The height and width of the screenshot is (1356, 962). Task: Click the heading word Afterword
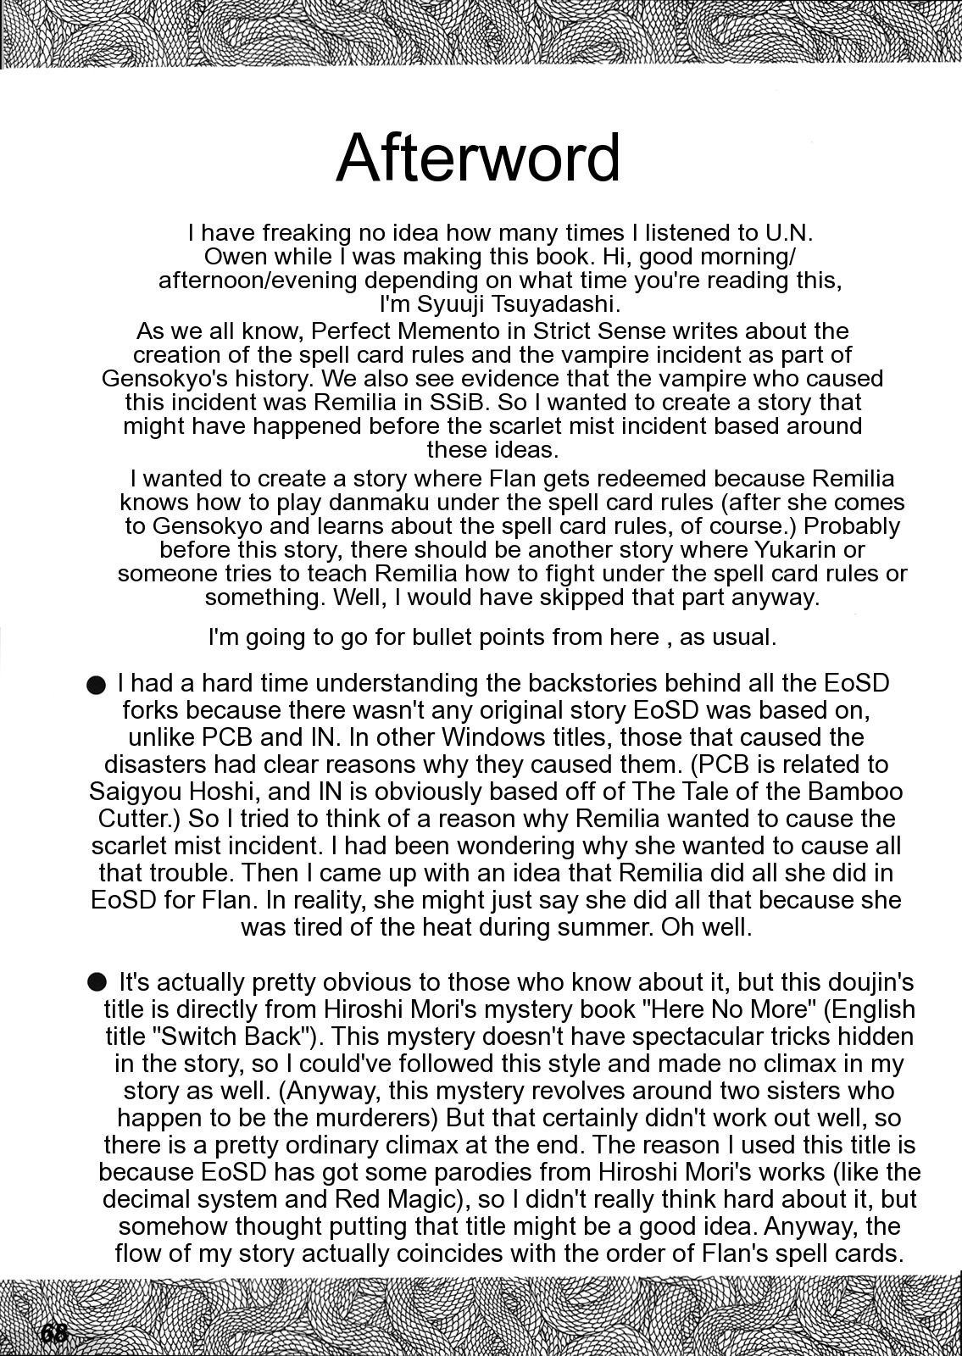point(479,158)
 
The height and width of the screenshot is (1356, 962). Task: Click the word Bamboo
point(854,791)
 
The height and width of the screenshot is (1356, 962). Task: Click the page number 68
point(53,1333)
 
